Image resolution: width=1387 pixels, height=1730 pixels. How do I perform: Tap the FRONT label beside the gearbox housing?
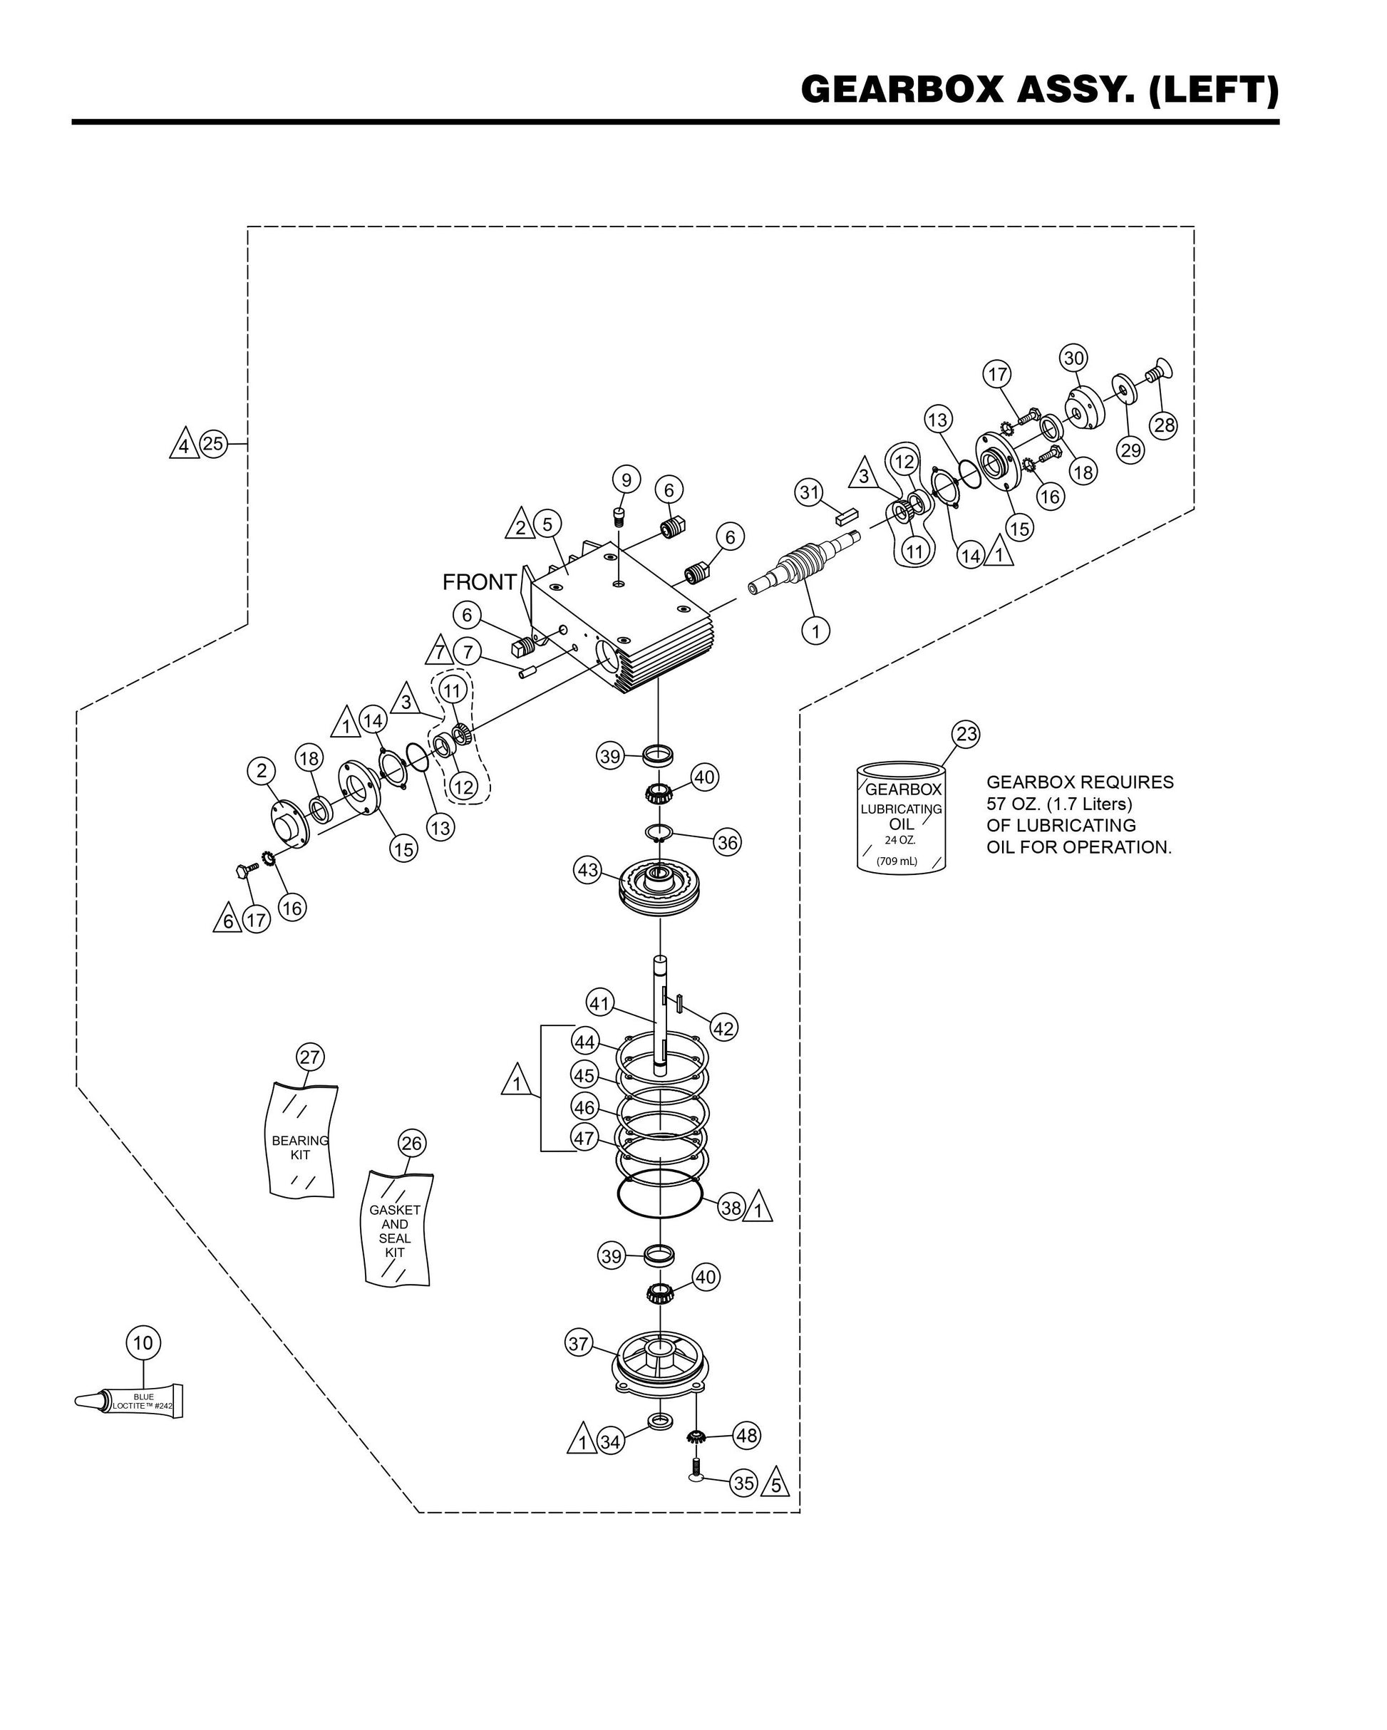[x=479, y=581]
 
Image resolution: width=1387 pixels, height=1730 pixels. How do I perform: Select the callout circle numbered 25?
[x=212, y=443]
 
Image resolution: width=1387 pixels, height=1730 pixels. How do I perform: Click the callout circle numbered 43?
[x=588, y=870]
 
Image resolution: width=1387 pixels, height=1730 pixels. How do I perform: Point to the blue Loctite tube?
[x=133, y=1400]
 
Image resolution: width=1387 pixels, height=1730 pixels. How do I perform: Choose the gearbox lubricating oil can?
[x=902, y=817]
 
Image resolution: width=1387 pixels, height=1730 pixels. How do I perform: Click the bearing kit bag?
[x=300, y=1140]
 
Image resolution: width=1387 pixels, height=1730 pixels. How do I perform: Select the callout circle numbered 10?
[x=143, y=1342]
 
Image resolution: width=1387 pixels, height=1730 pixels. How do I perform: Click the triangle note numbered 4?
[x=185, y=445]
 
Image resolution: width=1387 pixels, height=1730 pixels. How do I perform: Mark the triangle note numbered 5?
[x=775, y=1483]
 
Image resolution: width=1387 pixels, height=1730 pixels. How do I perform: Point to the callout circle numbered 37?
[x=579, y=1343]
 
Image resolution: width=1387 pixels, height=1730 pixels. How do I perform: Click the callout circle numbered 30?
[x=1074, y=358]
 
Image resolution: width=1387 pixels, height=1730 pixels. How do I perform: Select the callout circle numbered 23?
[x=966, y=733]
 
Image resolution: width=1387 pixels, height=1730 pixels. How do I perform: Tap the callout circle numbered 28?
[x=1164, y=425]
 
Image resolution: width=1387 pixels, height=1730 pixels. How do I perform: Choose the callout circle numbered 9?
[x=626, y=480]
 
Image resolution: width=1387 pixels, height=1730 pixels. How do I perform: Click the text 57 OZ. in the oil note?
[x=1014, y=803]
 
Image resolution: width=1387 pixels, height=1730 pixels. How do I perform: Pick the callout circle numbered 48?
[x=746, y=1436]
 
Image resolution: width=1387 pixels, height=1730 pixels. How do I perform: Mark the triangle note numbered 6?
[x=227, y=921]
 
